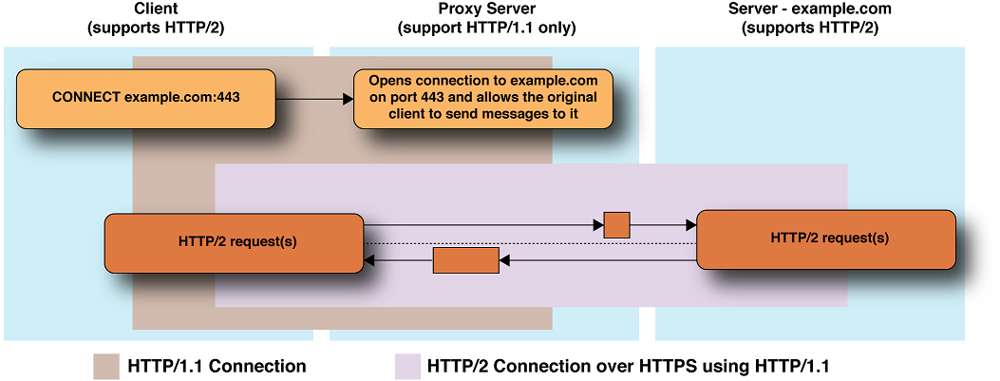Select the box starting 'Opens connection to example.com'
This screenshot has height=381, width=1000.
pyautogui.click(x=482, y=98)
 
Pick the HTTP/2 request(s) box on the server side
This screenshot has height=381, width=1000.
pyautogui.click(x=825, y=238)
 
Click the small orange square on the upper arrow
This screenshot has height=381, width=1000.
pyautogui.click(x=617, y=225)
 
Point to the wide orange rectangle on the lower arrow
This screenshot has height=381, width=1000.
pyautogui.click(x=465, y=259)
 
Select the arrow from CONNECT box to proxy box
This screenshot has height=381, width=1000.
pyautogui.click(x=314, y=99)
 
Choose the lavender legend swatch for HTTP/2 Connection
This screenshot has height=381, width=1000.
pyautogui.click(x=407, y=366)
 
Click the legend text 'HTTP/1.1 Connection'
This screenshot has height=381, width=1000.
pyautogui.click(x=216, y=366)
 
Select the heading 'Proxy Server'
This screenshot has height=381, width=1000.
pyautogui.click(x=486, y=10)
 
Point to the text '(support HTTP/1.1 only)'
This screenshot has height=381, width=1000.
pyautogui.click(x=486, y=28)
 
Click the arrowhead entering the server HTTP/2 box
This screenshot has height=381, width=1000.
pyautogui.click(x=690, y=225)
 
